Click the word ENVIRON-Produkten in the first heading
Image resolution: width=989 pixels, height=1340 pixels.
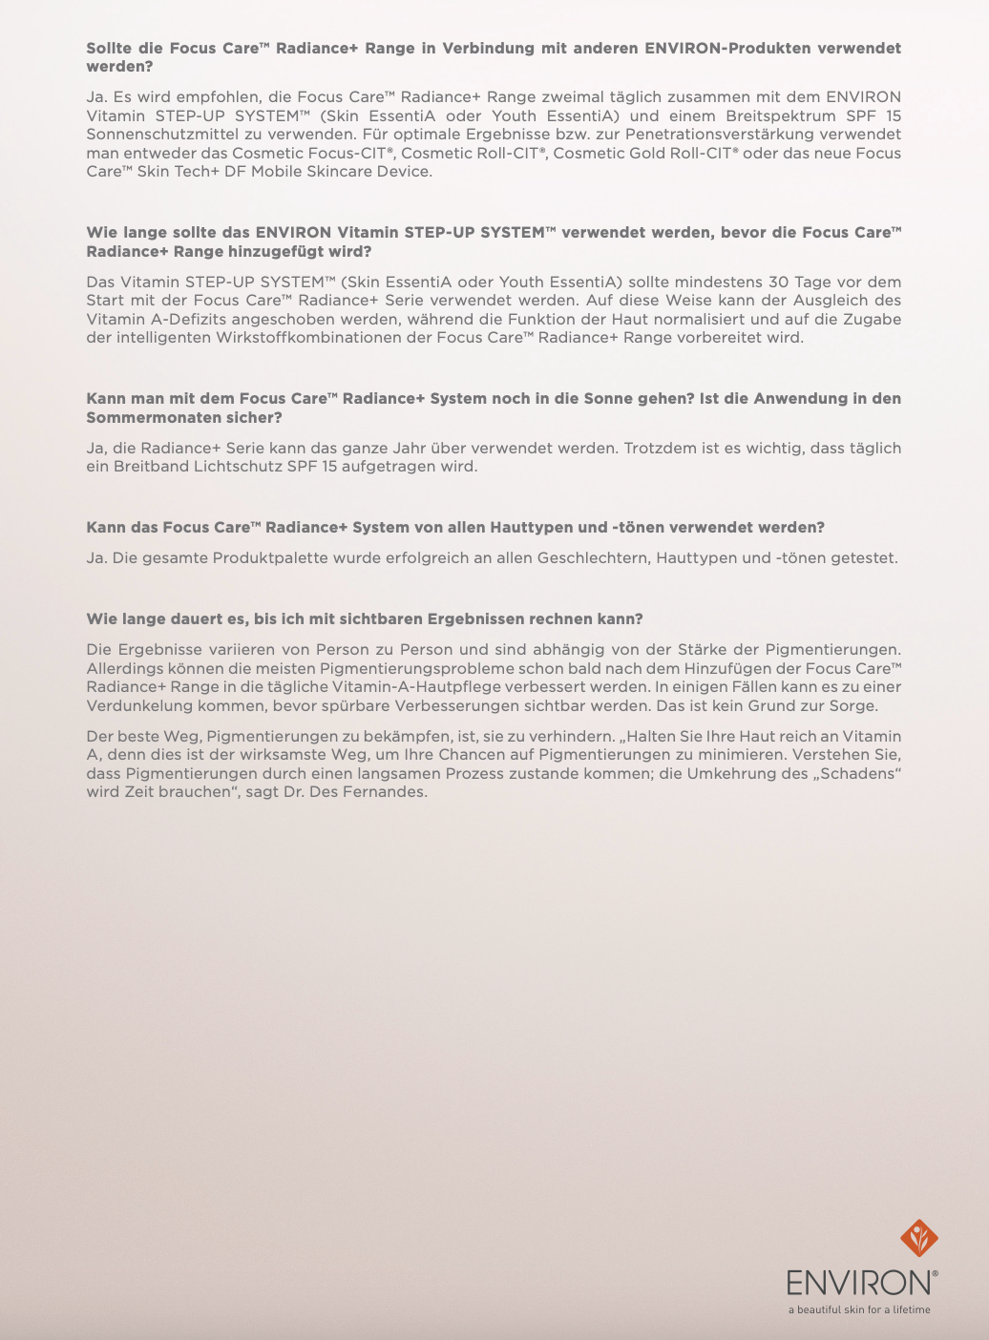pos(726,48)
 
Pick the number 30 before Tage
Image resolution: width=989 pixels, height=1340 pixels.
pos(778,282)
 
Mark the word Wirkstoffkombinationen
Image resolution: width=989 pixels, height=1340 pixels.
pos(323,337)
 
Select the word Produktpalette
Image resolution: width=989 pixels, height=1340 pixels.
pos(270,557)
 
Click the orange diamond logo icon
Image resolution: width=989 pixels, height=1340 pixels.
pos(919,1238)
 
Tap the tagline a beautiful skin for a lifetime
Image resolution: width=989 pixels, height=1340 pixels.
pos(859,1309)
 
